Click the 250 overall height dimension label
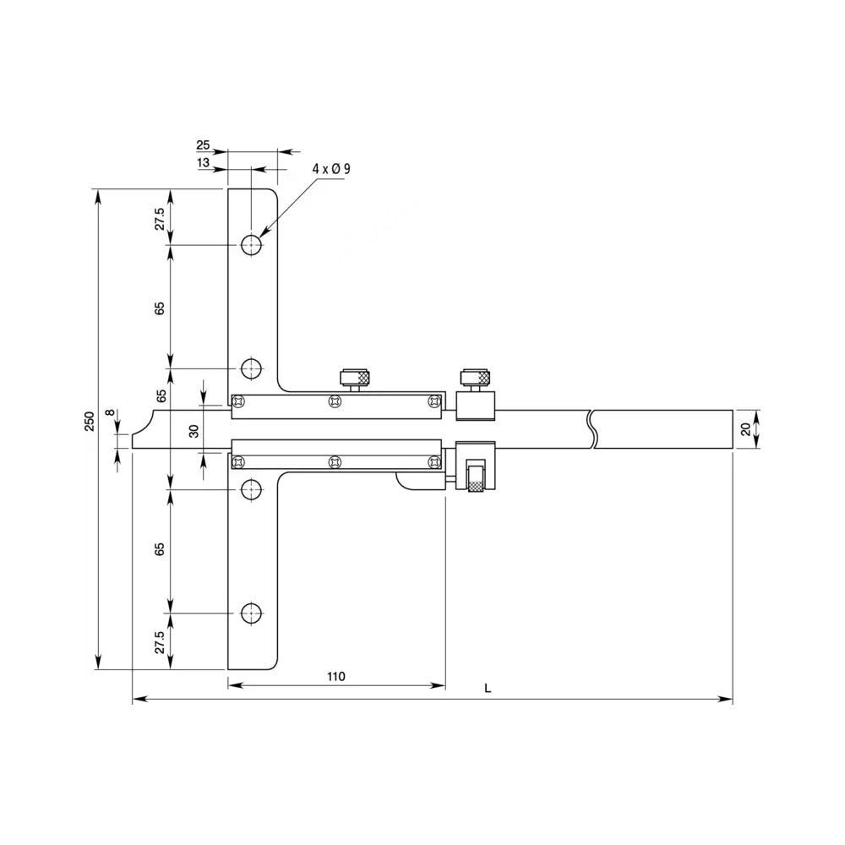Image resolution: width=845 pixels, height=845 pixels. [x=90, y=422]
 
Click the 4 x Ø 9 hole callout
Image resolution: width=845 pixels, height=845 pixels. [x=330, y=169]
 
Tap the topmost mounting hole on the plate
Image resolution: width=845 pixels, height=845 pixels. [x=252, y=245]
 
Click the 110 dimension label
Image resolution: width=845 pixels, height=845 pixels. [x=335, y=677]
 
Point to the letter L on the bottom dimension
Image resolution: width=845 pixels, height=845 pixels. [x=488, y=689]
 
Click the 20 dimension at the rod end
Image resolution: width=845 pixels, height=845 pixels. [x=745, y=428]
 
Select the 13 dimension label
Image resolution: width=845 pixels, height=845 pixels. [x=204, y=163]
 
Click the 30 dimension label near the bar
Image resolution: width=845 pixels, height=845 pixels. [x=194, y=431]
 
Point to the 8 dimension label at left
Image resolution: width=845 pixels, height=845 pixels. [x=108, y=414]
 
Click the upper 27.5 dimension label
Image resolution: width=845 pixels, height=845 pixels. [x=159, y=216]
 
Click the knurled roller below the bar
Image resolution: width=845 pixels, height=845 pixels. [x=476, y=477]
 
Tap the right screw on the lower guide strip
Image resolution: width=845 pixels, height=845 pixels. [x=434, y=461]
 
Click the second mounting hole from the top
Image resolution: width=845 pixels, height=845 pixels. [x=252, y=368]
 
